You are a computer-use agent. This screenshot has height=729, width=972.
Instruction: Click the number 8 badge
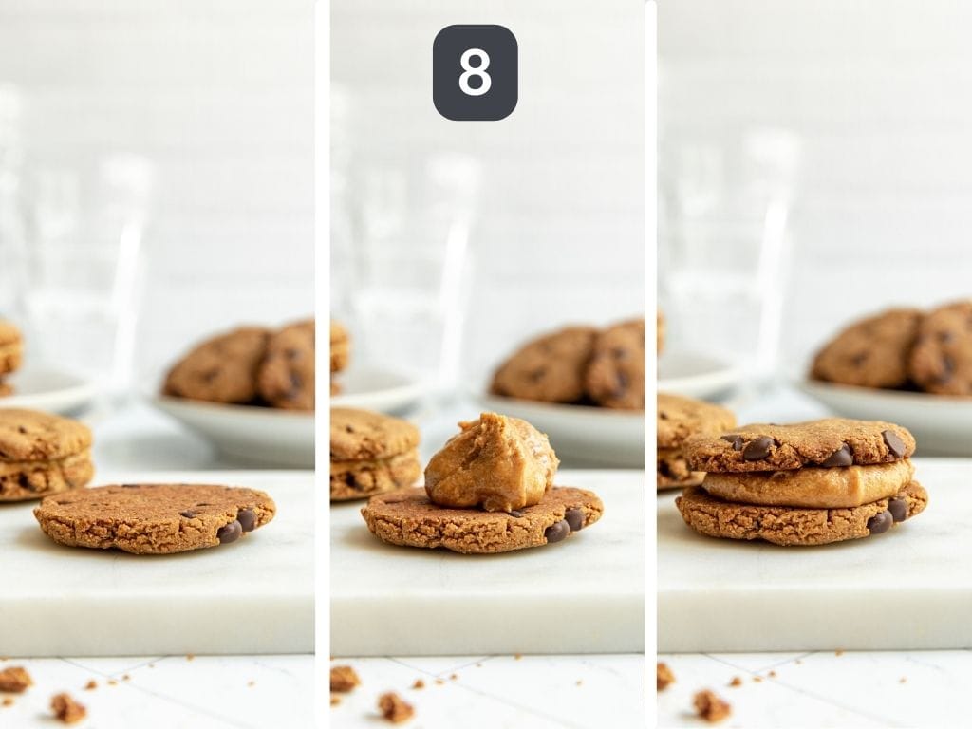[475, 72]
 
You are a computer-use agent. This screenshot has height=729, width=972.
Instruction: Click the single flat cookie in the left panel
[152, 517]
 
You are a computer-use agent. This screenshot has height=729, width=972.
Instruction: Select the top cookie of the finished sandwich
[797, 446]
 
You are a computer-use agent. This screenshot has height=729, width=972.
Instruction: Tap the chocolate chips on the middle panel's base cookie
[564, 525]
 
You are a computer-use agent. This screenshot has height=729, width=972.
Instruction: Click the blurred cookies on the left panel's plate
[242, 364]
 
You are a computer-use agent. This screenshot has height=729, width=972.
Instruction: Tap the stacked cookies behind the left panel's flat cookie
[43, 454]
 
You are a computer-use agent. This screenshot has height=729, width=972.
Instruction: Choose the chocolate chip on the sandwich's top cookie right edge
[893, 443]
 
